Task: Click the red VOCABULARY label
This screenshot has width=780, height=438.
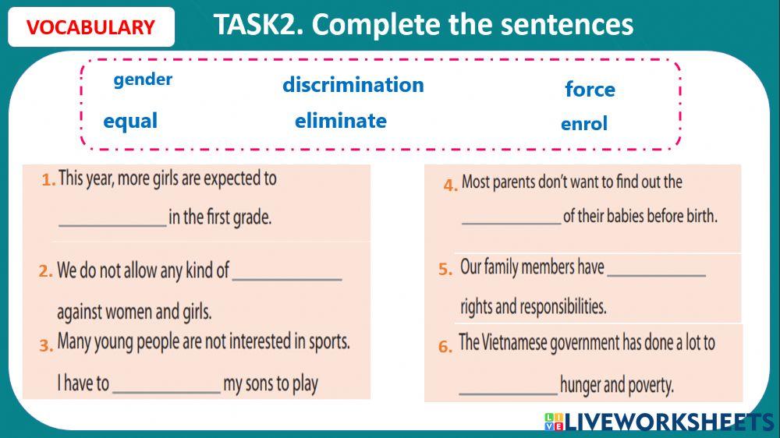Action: point(90,28)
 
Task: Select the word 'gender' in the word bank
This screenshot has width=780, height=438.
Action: point(143,79)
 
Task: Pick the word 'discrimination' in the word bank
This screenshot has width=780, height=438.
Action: point(353,85)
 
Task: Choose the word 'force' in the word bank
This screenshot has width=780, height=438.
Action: point(590,90)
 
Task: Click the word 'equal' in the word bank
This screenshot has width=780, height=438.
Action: point(130,122)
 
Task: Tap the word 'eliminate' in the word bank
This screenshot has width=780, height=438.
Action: point(340,121)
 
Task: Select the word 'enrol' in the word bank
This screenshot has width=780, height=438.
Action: point(583,124)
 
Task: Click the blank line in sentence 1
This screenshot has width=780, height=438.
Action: point(112,220)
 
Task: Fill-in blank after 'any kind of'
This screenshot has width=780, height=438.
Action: point(287,274)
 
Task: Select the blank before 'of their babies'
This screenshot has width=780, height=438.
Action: point(511,219)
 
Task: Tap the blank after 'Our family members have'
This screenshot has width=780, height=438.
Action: point(656,270)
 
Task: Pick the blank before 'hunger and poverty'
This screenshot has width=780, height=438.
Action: point(508,388)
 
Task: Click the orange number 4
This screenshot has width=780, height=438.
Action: point(450,185)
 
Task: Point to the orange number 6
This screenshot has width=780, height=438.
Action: point(445,348)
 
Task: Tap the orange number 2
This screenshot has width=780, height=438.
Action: point(45,272)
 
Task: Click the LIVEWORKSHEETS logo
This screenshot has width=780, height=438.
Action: point(658,422)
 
